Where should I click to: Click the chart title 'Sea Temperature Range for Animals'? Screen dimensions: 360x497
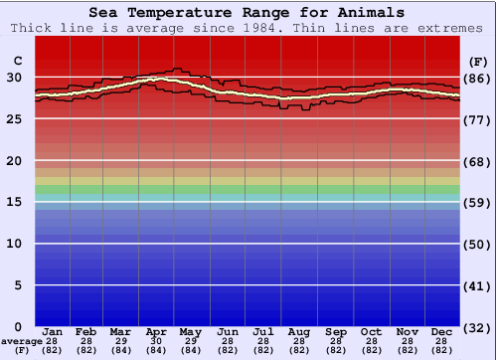(247, 13)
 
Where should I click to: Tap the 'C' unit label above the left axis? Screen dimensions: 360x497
(17, 61)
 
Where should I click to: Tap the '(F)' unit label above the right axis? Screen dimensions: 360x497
(478, 61)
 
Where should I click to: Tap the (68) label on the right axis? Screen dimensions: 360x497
(478, 161)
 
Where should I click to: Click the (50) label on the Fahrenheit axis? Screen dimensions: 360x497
(478, 244)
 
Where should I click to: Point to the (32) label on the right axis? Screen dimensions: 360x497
(478, 326)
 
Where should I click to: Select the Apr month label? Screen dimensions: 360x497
(156, 331)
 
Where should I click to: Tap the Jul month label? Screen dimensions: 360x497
(263, 331)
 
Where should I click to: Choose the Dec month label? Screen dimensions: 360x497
(442, 331)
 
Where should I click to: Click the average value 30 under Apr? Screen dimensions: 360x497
(156, 341)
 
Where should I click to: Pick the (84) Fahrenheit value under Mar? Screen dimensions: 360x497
(120, 350)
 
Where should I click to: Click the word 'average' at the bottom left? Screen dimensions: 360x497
(22, 341)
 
